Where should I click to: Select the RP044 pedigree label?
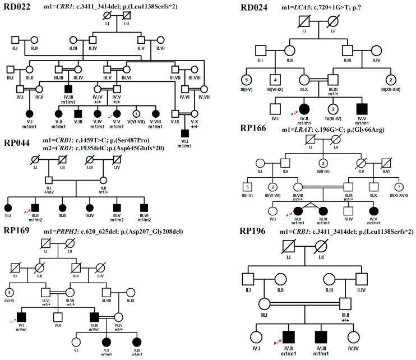pyautogui.click(x=20, y=143)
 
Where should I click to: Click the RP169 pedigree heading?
pyautogui.click(x=20, y=230)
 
